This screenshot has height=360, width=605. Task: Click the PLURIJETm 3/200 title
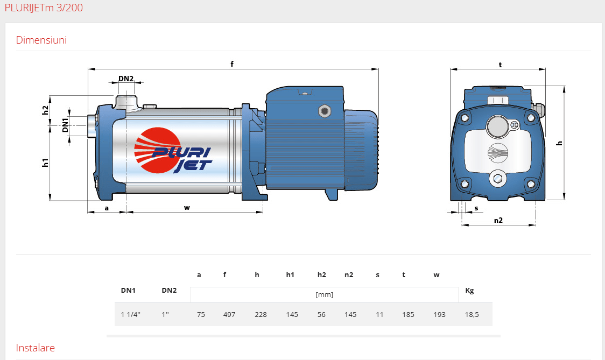pos(44,8)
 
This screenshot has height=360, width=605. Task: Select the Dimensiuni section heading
pos(41,40)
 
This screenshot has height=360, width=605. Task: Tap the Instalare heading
pos(35,348)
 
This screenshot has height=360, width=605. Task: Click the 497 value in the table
pos(229,314)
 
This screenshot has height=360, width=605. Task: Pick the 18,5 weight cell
pos(472,314)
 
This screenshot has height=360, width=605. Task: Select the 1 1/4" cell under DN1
pos(131,314)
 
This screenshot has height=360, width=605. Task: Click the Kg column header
pos(469,291)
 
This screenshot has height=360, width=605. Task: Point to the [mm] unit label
pos(324,295)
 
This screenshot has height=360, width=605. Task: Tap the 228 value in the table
pos(261,314)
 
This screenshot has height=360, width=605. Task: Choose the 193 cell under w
pos(439,314)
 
